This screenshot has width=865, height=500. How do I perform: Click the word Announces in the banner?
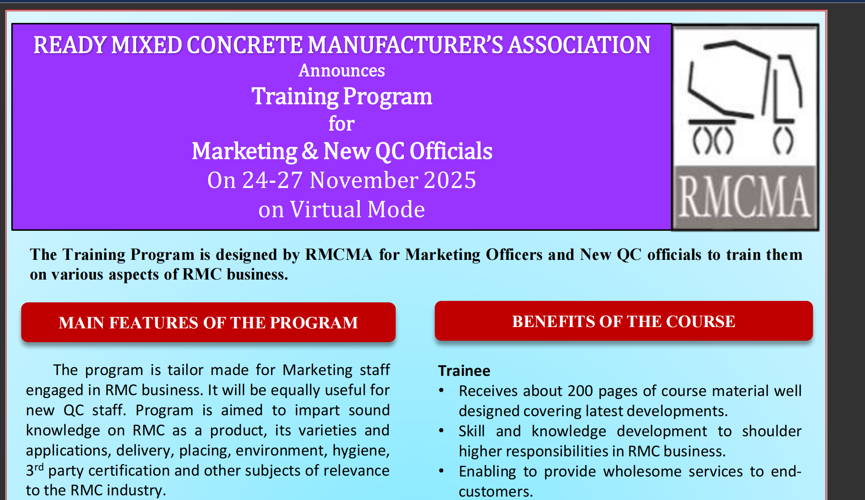tap(341, 71)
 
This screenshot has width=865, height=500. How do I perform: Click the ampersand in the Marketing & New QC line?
tap(310, 151)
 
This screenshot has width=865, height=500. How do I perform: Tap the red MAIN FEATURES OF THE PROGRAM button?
tap(208, 322)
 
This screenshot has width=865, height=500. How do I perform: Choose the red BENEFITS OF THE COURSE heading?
tap(623, 321)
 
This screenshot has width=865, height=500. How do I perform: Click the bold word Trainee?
tap(464, 371)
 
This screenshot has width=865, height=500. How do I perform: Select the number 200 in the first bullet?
tap(580, 391)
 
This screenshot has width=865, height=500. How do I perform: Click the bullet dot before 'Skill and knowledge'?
tap(441, 430)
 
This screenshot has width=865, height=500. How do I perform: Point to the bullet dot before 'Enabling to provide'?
tap(441, 470)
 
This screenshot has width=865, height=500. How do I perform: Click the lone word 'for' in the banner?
tap(341, 124)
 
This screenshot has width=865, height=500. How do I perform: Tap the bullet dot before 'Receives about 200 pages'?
tap(441, 390)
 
